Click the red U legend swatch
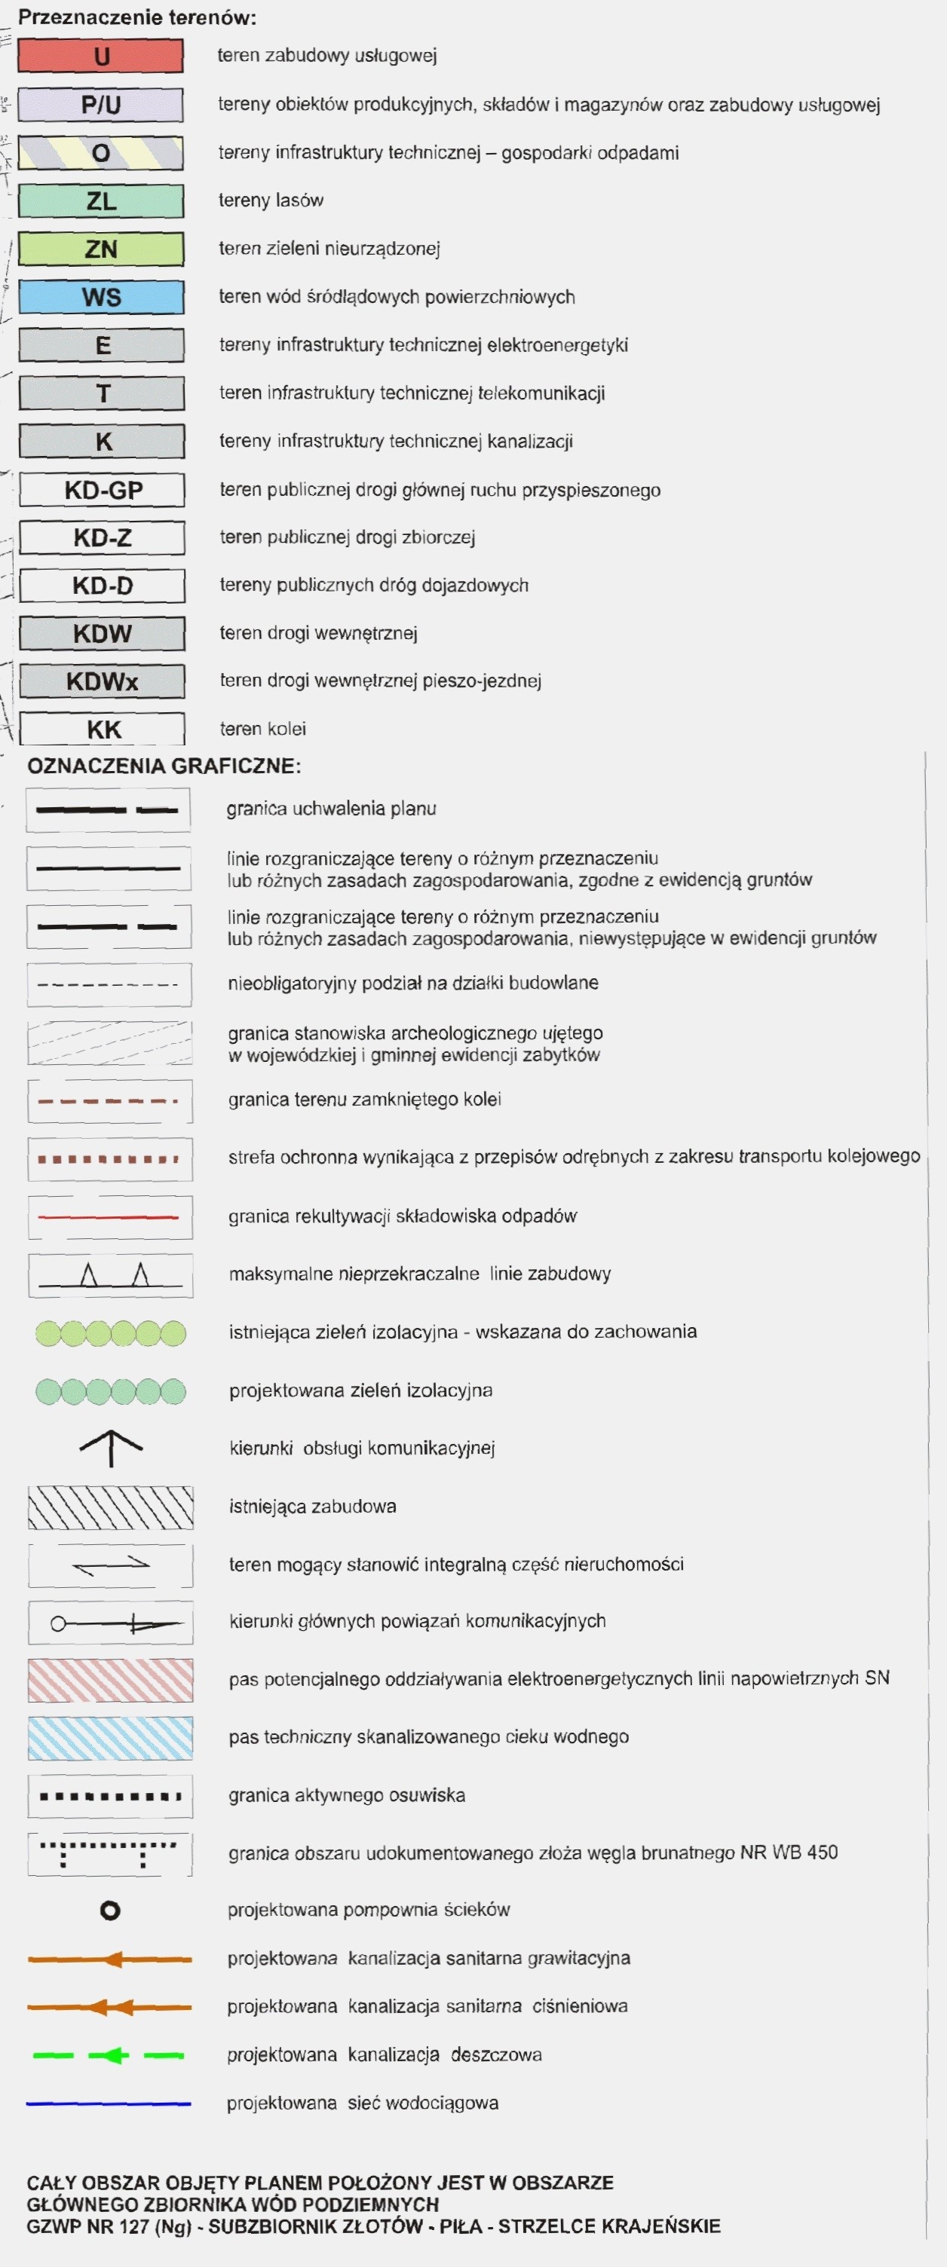101,57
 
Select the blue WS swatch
101,298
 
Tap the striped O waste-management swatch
101,153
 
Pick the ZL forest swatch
101,200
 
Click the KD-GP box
102,490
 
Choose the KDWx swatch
102,681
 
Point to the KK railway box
102,730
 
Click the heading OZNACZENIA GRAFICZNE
164,766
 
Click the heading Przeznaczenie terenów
137,17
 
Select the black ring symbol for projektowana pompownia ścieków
110,1911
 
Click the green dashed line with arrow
109,2056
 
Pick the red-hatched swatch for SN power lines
110,1680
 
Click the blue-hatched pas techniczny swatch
110,1738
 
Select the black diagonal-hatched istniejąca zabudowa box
110,1507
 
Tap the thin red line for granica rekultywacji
109,1217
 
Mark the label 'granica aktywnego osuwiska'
347,1795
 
